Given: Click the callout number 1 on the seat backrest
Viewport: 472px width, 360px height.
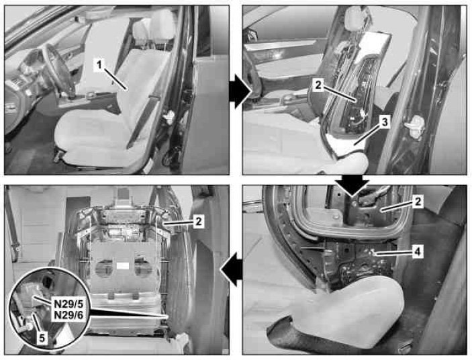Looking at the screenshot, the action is [99, 64].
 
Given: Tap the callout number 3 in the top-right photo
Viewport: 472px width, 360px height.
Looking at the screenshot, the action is [385, 122].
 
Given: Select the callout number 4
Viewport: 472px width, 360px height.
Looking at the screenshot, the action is [417, 252].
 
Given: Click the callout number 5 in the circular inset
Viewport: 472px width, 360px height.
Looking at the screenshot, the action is [42, 338].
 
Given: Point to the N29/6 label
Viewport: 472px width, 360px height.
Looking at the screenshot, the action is [68, 315].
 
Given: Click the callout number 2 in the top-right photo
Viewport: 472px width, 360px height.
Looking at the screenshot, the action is [318, 85].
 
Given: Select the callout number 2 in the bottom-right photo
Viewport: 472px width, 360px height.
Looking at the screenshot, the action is [418, 201].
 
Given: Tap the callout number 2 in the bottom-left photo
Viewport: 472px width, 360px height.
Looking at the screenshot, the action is [198, 222].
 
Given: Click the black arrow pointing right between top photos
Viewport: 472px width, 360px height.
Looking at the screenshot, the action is [240, 91].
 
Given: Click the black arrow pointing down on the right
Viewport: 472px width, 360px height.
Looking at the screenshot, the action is [352, 185].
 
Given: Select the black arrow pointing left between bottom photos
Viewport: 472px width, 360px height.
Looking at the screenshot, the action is [231, 269].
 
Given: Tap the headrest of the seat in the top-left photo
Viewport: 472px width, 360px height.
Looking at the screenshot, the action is [162, 24].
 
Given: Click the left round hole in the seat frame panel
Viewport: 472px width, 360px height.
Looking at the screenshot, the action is [103, 267].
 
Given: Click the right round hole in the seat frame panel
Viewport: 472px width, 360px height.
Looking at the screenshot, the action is [143, 267].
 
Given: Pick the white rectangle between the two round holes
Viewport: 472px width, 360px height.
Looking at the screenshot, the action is [122, 266].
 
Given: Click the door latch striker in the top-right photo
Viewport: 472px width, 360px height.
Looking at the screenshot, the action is [414, 126].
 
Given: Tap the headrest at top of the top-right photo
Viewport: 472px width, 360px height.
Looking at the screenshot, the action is [355, 17].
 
